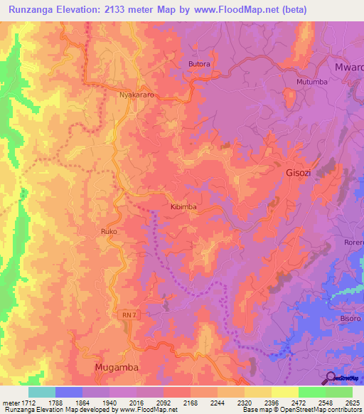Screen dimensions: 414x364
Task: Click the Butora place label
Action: [x=199, y=64]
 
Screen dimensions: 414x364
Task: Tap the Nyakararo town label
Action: [x=136, y=94]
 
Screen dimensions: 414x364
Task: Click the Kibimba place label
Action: [x=183, y=206]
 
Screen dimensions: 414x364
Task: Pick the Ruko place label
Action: [x=109, y=232]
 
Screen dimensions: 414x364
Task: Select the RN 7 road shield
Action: [x=126, y=314]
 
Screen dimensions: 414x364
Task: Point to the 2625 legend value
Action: [x=353, y=401]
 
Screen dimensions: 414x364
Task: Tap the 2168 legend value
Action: [x=190, y=401]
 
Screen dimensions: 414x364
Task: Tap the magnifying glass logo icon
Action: [x=331, y=378]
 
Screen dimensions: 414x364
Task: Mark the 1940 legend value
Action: [x=109, y=401]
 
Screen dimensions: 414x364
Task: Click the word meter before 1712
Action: [x=11, y=401]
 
